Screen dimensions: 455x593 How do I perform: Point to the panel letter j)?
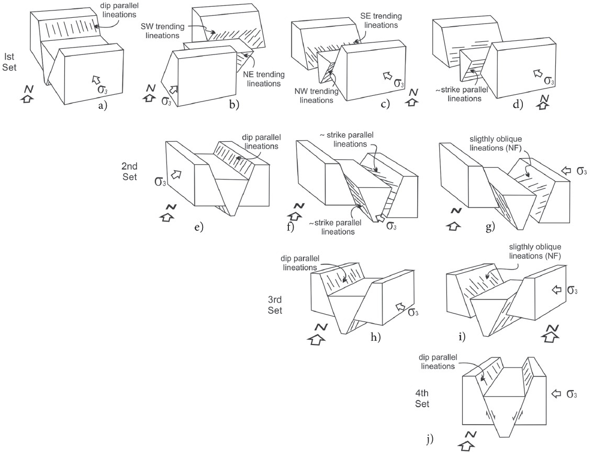(430, 438)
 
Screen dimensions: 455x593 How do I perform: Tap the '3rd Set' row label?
(274, 304)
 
